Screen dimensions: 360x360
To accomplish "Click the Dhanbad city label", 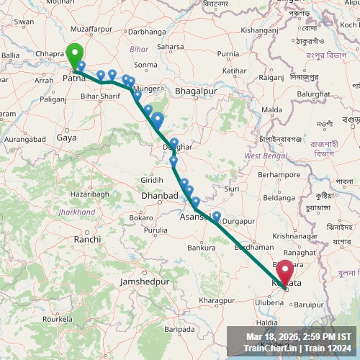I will click(161, 195).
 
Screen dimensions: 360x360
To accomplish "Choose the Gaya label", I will click(66, 137).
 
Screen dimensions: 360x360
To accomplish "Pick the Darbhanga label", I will click(148, 31).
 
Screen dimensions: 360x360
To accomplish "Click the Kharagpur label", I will click(198, 300).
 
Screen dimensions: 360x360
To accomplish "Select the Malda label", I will click(272, 109).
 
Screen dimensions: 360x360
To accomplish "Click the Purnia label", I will click(228, 54).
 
